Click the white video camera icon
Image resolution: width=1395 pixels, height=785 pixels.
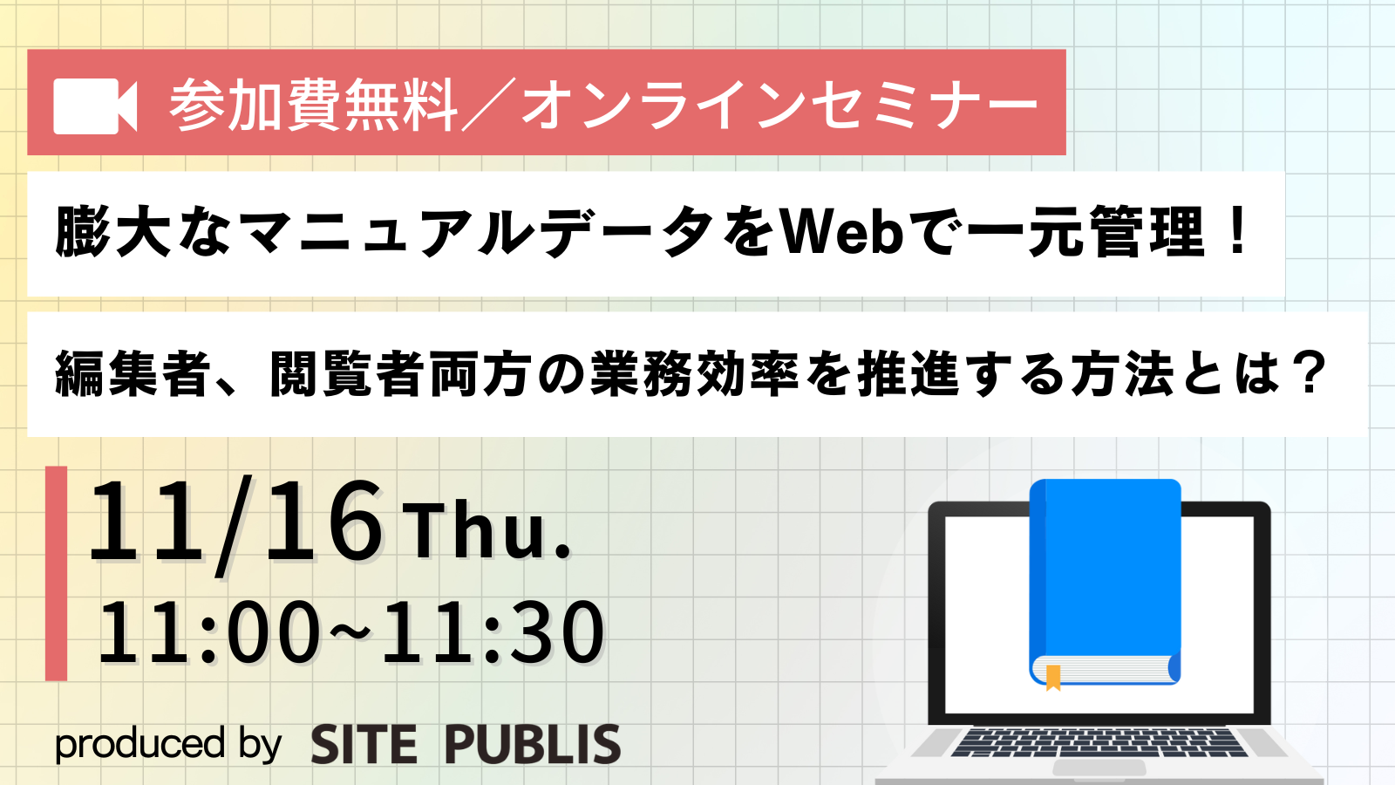[x=95, y=106]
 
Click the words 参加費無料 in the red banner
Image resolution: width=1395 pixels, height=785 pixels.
[x=314, y=106]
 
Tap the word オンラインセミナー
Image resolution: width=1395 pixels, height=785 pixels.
[x=780, y=106]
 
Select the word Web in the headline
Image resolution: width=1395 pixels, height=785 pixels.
[x=841, y=232]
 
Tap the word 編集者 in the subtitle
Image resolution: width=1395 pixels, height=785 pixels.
[x=132, y=374]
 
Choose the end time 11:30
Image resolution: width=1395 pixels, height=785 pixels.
[x=492, y=631]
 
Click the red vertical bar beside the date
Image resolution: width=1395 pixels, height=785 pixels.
[x=56, y=573]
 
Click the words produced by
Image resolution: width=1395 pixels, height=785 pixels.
[x=168, y=744]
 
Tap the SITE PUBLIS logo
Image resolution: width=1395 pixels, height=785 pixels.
[x=466, y=744]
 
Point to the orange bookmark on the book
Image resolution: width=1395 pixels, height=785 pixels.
[x=1053, y=677]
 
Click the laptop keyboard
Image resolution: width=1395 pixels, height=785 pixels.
[x=1099, y=742]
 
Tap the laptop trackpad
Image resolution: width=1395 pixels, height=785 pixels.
[x=1099, y=768]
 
